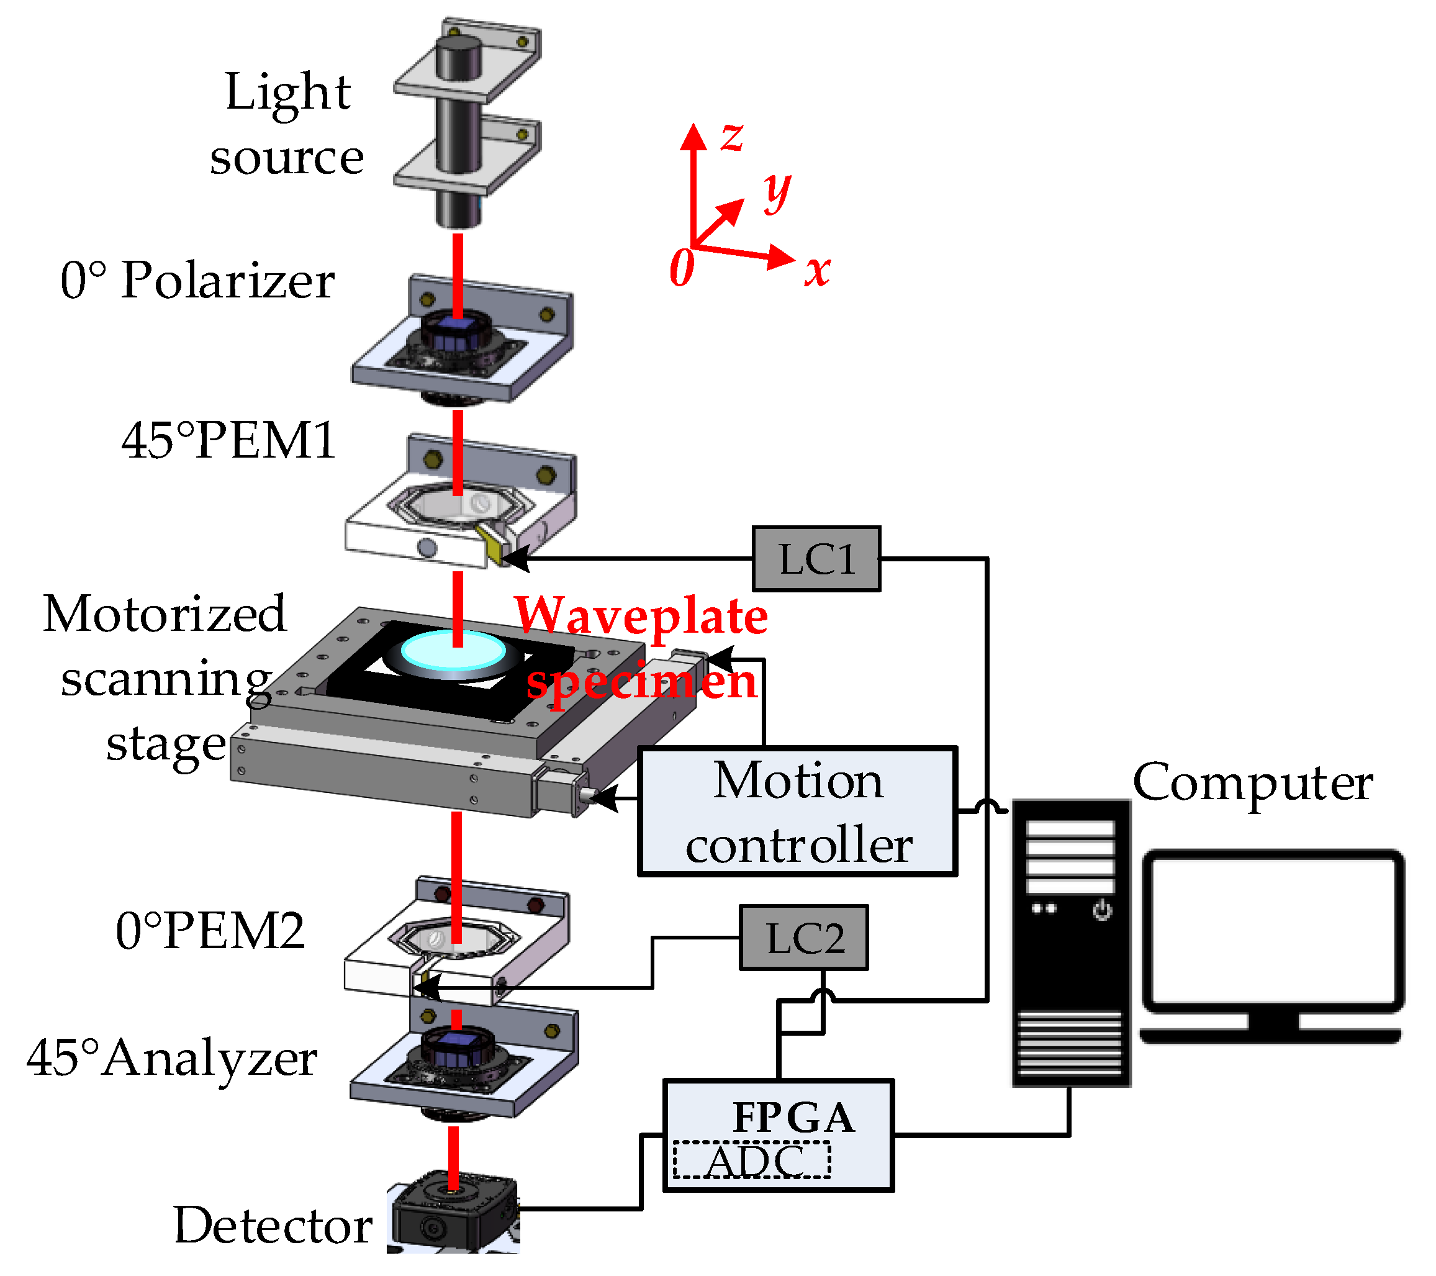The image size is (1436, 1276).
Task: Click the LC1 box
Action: [x=816, y=559]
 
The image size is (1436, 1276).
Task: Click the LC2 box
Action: [x=804, y=938]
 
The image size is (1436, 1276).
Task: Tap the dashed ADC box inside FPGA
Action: [x=752, y=1161]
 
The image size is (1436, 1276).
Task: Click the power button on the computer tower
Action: [x=1101, y=911]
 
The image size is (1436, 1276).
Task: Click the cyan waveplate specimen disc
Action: [x=453, y=651]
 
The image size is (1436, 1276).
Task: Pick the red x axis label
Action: [x=817, y=270]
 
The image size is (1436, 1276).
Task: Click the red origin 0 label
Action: [x=682, y=268]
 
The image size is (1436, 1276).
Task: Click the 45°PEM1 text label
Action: [x=228, y=441]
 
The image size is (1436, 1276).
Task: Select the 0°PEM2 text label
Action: [x=210, y=931]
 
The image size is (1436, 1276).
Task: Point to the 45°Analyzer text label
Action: [x=172, y=1057]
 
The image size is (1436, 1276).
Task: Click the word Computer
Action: [x=1253, y=782]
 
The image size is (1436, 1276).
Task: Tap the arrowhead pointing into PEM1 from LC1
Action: [x=517, y=559]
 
